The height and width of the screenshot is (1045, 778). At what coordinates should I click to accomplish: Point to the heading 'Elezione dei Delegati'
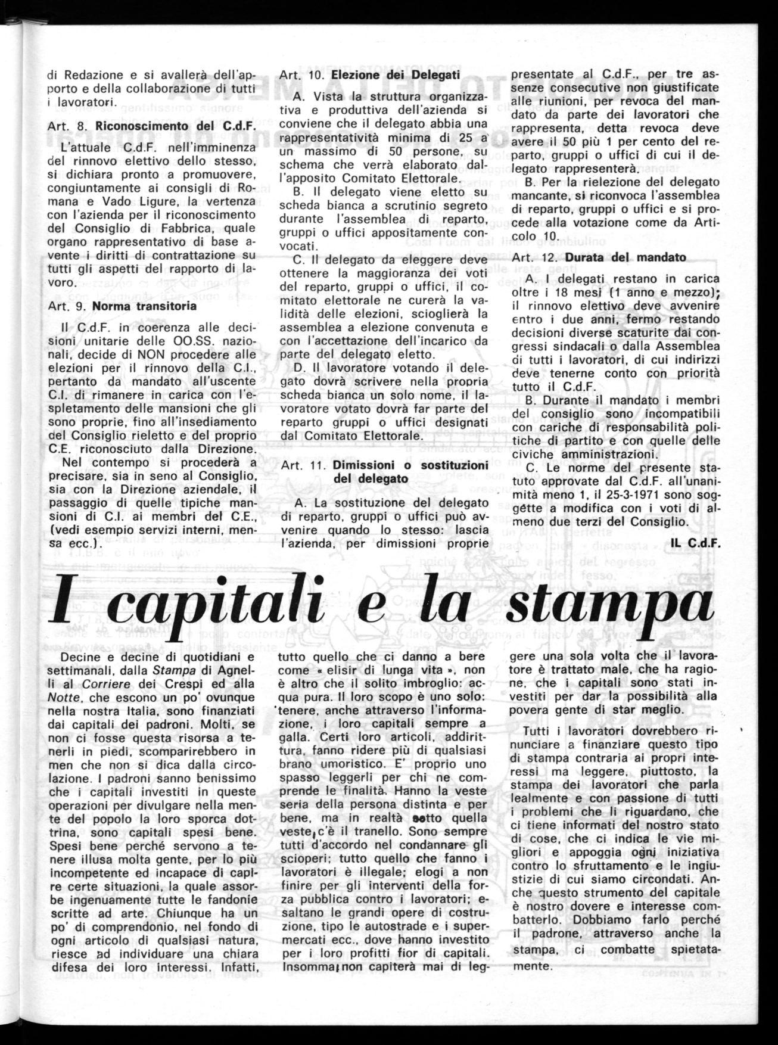[x=395, y=75]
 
